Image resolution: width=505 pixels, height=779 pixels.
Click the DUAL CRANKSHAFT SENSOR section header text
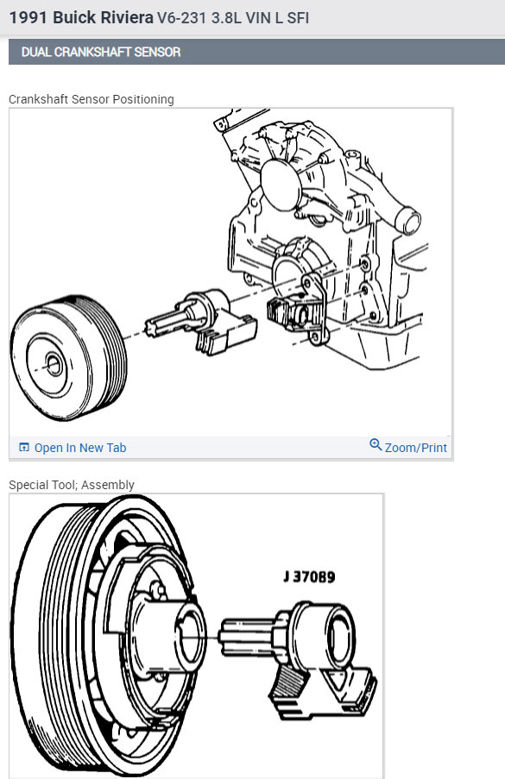point(101,52)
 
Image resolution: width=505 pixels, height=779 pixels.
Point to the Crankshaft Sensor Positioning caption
point(92,99)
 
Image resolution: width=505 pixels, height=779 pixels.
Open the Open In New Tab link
point(80,448)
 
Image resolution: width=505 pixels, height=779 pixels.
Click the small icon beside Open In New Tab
point(24,448)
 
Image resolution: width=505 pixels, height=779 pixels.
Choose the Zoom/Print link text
point(416,448)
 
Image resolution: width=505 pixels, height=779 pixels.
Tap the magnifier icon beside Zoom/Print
point(376,445)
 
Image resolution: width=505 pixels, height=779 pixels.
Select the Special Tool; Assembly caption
point(72,485)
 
